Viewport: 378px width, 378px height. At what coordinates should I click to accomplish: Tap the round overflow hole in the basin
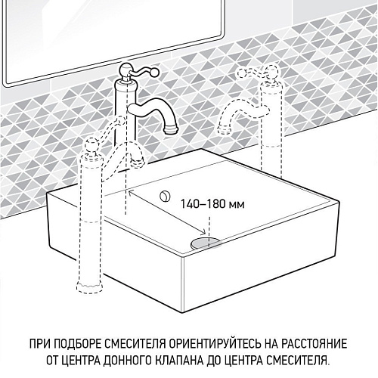(164, 196)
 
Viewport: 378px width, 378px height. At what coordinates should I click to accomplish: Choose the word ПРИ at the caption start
(41, 342)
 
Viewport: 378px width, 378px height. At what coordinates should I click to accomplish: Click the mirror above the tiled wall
(113, 30)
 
